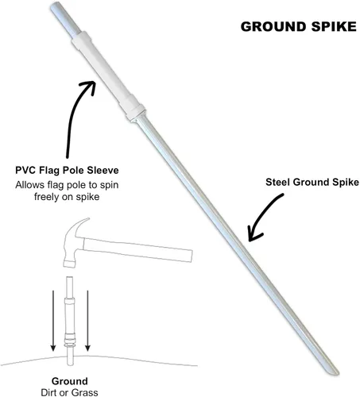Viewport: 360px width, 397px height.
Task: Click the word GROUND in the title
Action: [x=273, y=27]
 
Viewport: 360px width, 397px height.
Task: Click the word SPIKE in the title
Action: [x=334, y=27]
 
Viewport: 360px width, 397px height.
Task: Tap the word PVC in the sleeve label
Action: [x=26, y=170]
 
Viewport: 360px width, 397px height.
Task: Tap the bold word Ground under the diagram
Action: [x=70, y=381]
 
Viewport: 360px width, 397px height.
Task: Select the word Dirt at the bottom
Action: [x=48, y=392]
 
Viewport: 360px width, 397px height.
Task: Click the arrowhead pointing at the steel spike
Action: [x=254, y=234]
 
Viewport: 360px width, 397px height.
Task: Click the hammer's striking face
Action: [x=68, y=264]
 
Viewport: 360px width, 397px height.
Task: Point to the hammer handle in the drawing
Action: [x=137, y=249]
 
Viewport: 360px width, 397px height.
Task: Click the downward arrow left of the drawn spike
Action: [x=53, y=321]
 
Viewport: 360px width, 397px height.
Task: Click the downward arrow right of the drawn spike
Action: [x=87, y=321]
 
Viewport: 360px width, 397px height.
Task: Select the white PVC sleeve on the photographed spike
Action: [x=108, y=76]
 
